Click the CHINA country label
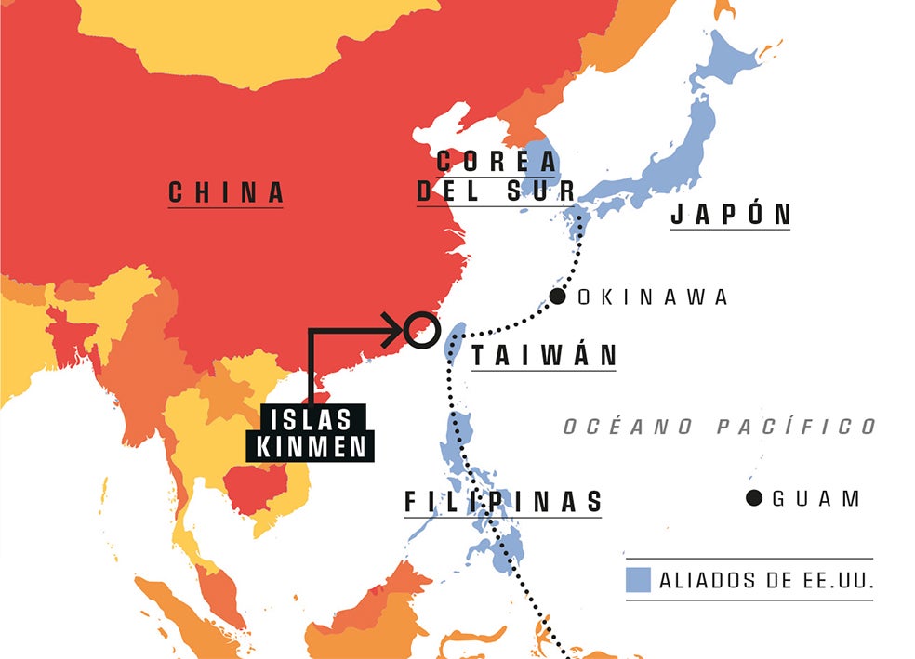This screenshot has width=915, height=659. click(x=226, y=192)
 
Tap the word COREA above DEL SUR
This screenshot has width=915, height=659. click(x=497, y=161)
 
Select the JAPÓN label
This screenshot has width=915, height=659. click(x=731, y=215)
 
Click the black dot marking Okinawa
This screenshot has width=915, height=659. click(x=558, y=297)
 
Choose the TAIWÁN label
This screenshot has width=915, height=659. click(x=544, y=356)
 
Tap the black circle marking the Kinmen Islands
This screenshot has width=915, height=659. click(x=420, y=329)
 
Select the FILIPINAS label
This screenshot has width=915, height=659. click(x=503, y=502)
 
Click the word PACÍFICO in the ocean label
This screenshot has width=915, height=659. click(x=797, y=427)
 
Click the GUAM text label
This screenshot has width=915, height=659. click(x=816, y=499)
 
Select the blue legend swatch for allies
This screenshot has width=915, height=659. click(x=637, y=580)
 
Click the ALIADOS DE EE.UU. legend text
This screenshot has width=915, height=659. click(x=766, y=581)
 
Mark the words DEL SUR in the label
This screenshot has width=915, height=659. click(x=497, y=191)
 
